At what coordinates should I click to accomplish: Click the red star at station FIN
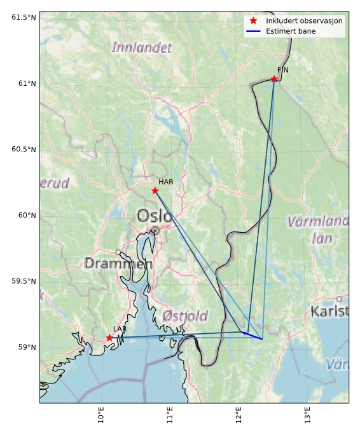click(x=274, y=79)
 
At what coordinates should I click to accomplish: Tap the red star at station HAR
click(x=155, y=190)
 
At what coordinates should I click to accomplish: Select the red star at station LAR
click(x=109, y=338)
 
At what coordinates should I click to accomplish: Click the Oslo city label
click(x=155, y=216)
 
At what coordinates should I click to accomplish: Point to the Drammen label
click(x=118, y=263)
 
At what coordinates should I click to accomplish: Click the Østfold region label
click(x=185, y=315)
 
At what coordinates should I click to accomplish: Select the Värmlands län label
click(x=318, y=230)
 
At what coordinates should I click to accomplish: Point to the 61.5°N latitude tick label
click(x=24, y=17)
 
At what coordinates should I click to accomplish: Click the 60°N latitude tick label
click(x=26, y=215)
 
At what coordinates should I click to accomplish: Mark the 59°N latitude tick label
click(x=26, y=347)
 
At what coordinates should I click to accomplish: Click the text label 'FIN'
click(x=283, y=70)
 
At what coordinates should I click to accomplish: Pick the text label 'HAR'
click(x=166, y=182)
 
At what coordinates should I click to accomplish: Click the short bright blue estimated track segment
click(x=253, y=335)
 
